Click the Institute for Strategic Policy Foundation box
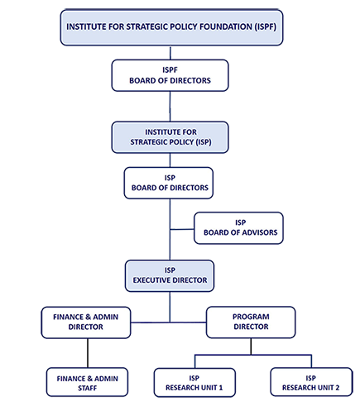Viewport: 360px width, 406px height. (x=171, y=27)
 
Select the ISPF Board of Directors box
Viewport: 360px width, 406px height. (x=170, y=75)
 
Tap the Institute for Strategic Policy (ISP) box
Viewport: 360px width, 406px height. (x=170, y=137)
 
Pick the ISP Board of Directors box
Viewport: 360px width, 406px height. (x=169, y=183)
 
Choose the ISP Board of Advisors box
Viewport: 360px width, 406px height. (x=238, y=228)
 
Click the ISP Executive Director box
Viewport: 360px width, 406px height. (x=170, y=276)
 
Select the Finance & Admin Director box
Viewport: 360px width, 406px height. (x=86, y=322)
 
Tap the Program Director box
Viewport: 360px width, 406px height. (x=251, y=322)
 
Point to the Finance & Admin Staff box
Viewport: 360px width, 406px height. (x=87, y=382)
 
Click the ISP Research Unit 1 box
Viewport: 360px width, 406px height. (x=194, y=383)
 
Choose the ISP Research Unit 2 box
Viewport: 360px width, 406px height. (x=311, y=382)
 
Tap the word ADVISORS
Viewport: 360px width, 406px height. (x=260, y=232)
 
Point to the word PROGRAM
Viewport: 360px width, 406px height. (x=251, y=317)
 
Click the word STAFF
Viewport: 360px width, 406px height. (x=88, y=388)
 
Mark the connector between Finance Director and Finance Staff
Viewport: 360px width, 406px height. (x=88, y=353)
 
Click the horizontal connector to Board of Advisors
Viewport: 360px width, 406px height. (x=182, y=229)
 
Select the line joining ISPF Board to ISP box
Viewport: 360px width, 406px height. (x=170, y=107)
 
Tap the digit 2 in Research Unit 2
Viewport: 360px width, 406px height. (x=337, y=388)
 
